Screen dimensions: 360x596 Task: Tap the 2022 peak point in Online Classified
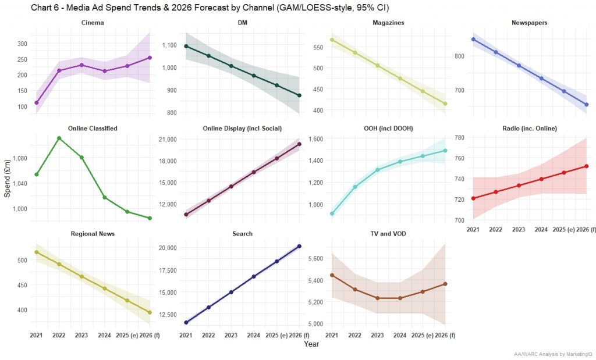click(x=59, y=138)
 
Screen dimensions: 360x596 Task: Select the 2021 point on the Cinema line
click(x=36, y=103)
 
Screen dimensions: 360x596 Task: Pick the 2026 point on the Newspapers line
click(x=586, y=105)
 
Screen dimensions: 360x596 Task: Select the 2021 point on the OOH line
click(x=332, y=214)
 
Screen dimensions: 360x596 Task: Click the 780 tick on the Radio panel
click(x=458, y=137)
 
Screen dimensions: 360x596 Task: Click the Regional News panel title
click(x=93, y=234)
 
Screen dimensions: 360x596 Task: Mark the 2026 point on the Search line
click(x=299, y=246)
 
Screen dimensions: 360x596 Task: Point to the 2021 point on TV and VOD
click(x=332, y=275)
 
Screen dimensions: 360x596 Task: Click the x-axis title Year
click(x=311, y=344)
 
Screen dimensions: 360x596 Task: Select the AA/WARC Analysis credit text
click(x=553, y=354)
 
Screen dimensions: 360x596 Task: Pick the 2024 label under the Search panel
click(x=253, y=336)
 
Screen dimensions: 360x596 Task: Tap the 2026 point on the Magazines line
click(x=445, y=104)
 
